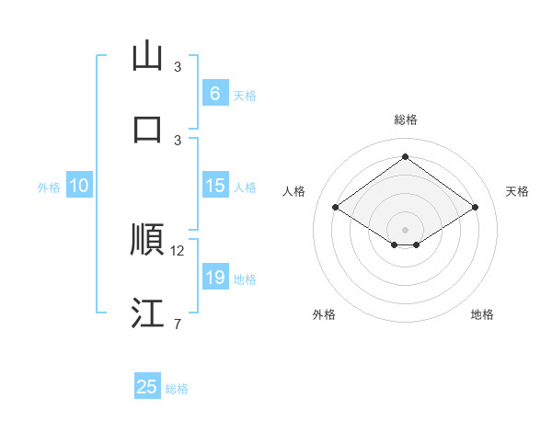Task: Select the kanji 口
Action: (147, 128)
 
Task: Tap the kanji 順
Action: (147, 239)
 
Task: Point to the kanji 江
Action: (147, 313)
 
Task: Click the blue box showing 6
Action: (214, 93)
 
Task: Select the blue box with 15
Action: (214, 186)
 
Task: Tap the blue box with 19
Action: (214, 278)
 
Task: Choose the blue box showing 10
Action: (79, 186)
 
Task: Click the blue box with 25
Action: (147, 387)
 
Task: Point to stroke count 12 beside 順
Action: (178, 250)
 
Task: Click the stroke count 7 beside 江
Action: (177, 324)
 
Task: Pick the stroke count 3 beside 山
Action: (178, 66)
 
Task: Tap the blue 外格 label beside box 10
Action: (48, 187)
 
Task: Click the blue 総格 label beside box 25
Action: (177, 389)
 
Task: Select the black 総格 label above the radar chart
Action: (405, 119)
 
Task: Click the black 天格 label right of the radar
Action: (517, 191)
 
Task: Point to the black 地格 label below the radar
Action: (482, 314)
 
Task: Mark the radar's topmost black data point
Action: (405, 157)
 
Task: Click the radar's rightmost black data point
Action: (475, 208)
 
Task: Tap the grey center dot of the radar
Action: (405, 229)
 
